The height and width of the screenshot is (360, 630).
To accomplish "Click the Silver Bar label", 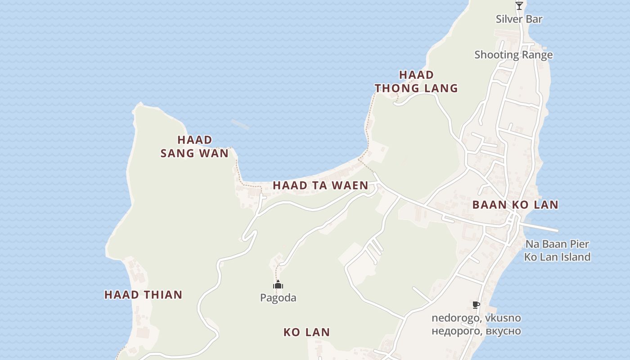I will [x=519, y=19].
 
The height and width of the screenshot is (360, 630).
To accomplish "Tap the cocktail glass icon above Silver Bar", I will [x=519, y=6].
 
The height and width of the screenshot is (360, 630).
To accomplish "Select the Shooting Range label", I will [x=513, y=55].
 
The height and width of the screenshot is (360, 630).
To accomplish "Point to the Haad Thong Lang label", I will [x=416, y=81].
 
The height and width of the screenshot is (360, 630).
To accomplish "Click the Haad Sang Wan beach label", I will [x=194, y=147].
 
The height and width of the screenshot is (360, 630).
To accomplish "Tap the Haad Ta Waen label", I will [x=320, y=185].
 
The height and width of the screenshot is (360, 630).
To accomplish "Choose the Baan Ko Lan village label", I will [x=515, y=205].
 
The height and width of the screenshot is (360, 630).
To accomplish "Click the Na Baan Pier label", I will [x=557, y=244].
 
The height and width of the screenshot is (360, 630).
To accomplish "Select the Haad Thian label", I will [x=144, y=295].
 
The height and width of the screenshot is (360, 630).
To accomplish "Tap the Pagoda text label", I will [x=278, y=298].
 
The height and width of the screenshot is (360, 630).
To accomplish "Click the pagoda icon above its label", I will [x=278, y=285].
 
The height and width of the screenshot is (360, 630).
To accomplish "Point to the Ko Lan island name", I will [x=306, y=332].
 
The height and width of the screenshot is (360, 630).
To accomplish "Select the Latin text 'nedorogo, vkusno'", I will [x=476, y=318].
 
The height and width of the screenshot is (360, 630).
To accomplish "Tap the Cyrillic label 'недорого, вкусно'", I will [x=476, y=331].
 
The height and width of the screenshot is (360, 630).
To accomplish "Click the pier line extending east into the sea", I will [x=542, y=228].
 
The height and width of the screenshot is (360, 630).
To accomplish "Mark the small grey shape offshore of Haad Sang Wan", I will [x=240, y=124].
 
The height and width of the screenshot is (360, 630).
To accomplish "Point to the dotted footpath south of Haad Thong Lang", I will [x=369, y=126].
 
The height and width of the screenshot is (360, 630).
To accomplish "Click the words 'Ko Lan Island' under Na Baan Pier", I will [x=557, y=257].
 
